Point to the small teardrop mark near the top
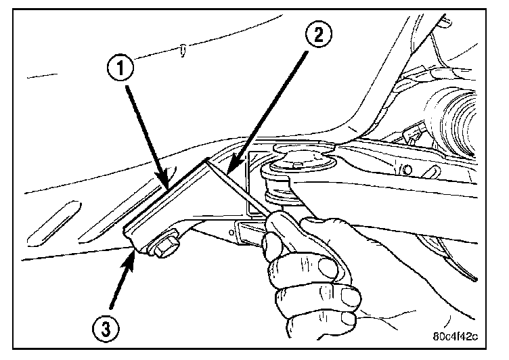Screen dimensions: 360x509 [183, 49]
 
